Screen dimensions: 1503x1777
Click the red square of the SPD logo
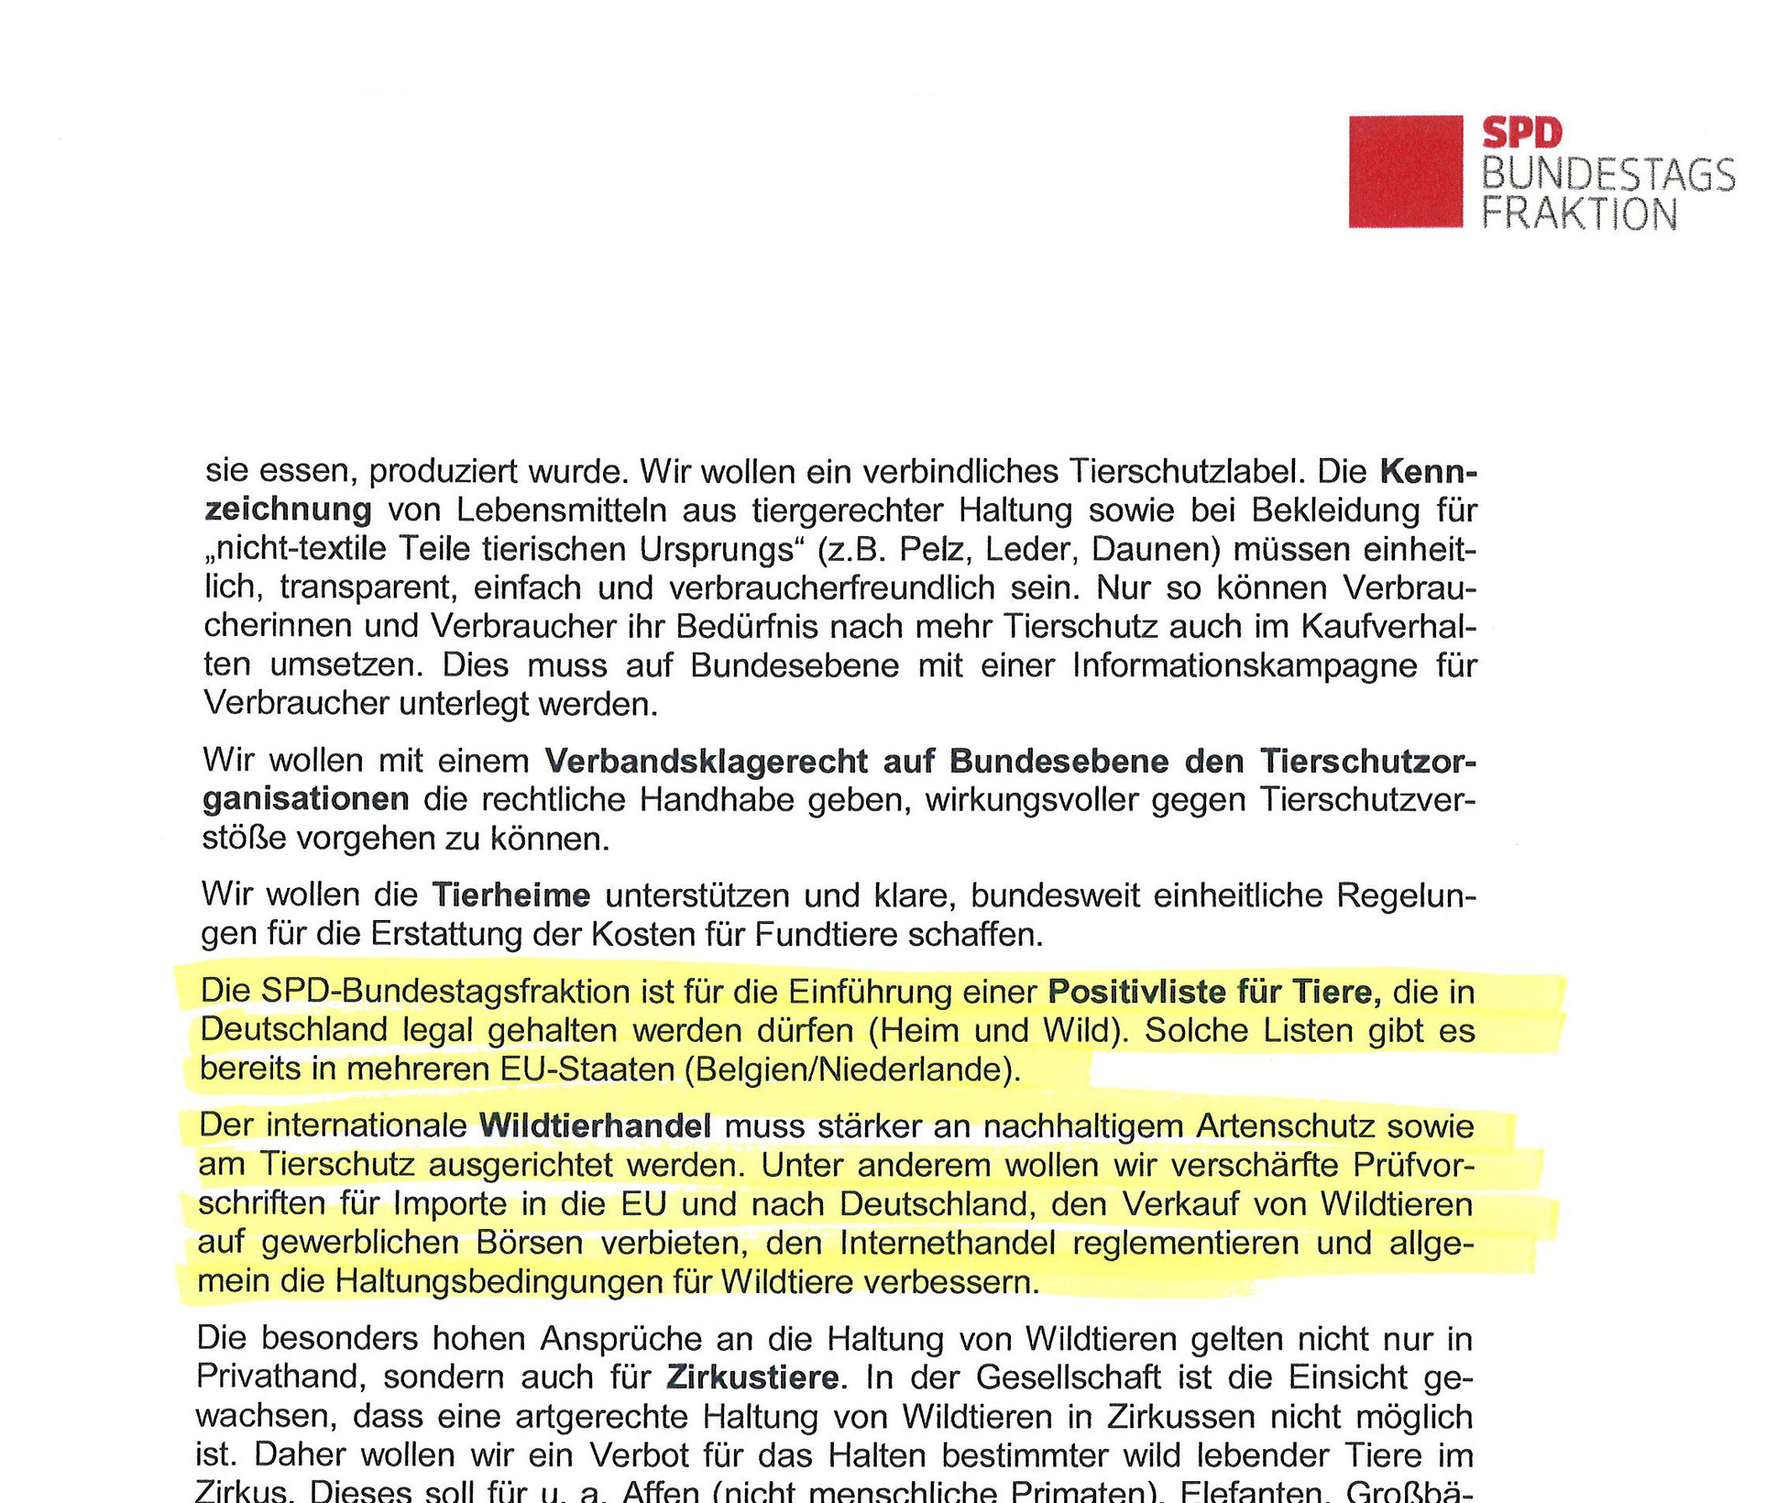tap(1404, 171)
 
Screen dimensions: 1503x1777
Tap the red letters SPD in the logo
tap(1521, 134)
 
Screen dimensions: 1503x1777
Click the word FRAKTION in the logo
tap(1579, 214)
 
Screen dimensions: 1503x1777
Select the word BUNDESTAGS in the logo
tap(1607, 174)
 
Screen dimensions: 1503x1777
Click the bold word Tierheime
tap(510, 894)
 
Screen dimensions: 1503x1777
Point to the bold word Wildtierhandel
tap(595, 1125)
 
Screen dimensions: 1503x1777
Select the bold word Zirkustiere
tap(751, 1377)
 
